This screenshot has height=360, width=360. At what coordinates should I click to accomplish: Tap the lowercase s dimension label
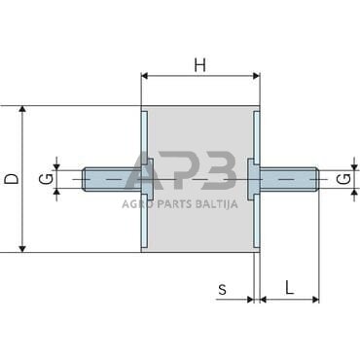[222, 288]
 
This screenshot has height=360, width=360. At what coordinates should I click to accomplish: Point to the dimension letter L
[290, 287]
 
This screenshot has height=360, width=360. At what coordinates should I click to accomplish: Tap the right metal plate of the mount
[256, 179]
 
